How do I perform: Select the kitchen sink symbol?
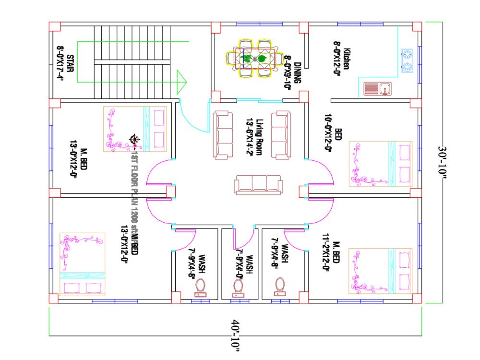click(x=378, y=89)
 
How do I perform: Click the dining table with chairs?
click(x=254, y=59)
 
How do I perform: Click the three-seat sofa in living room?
click(x=258, y=185)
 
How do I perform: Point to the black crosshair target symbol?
click(x=134, y=140)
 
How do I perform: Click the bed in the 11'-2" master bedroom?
click(x=380, y=271)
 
